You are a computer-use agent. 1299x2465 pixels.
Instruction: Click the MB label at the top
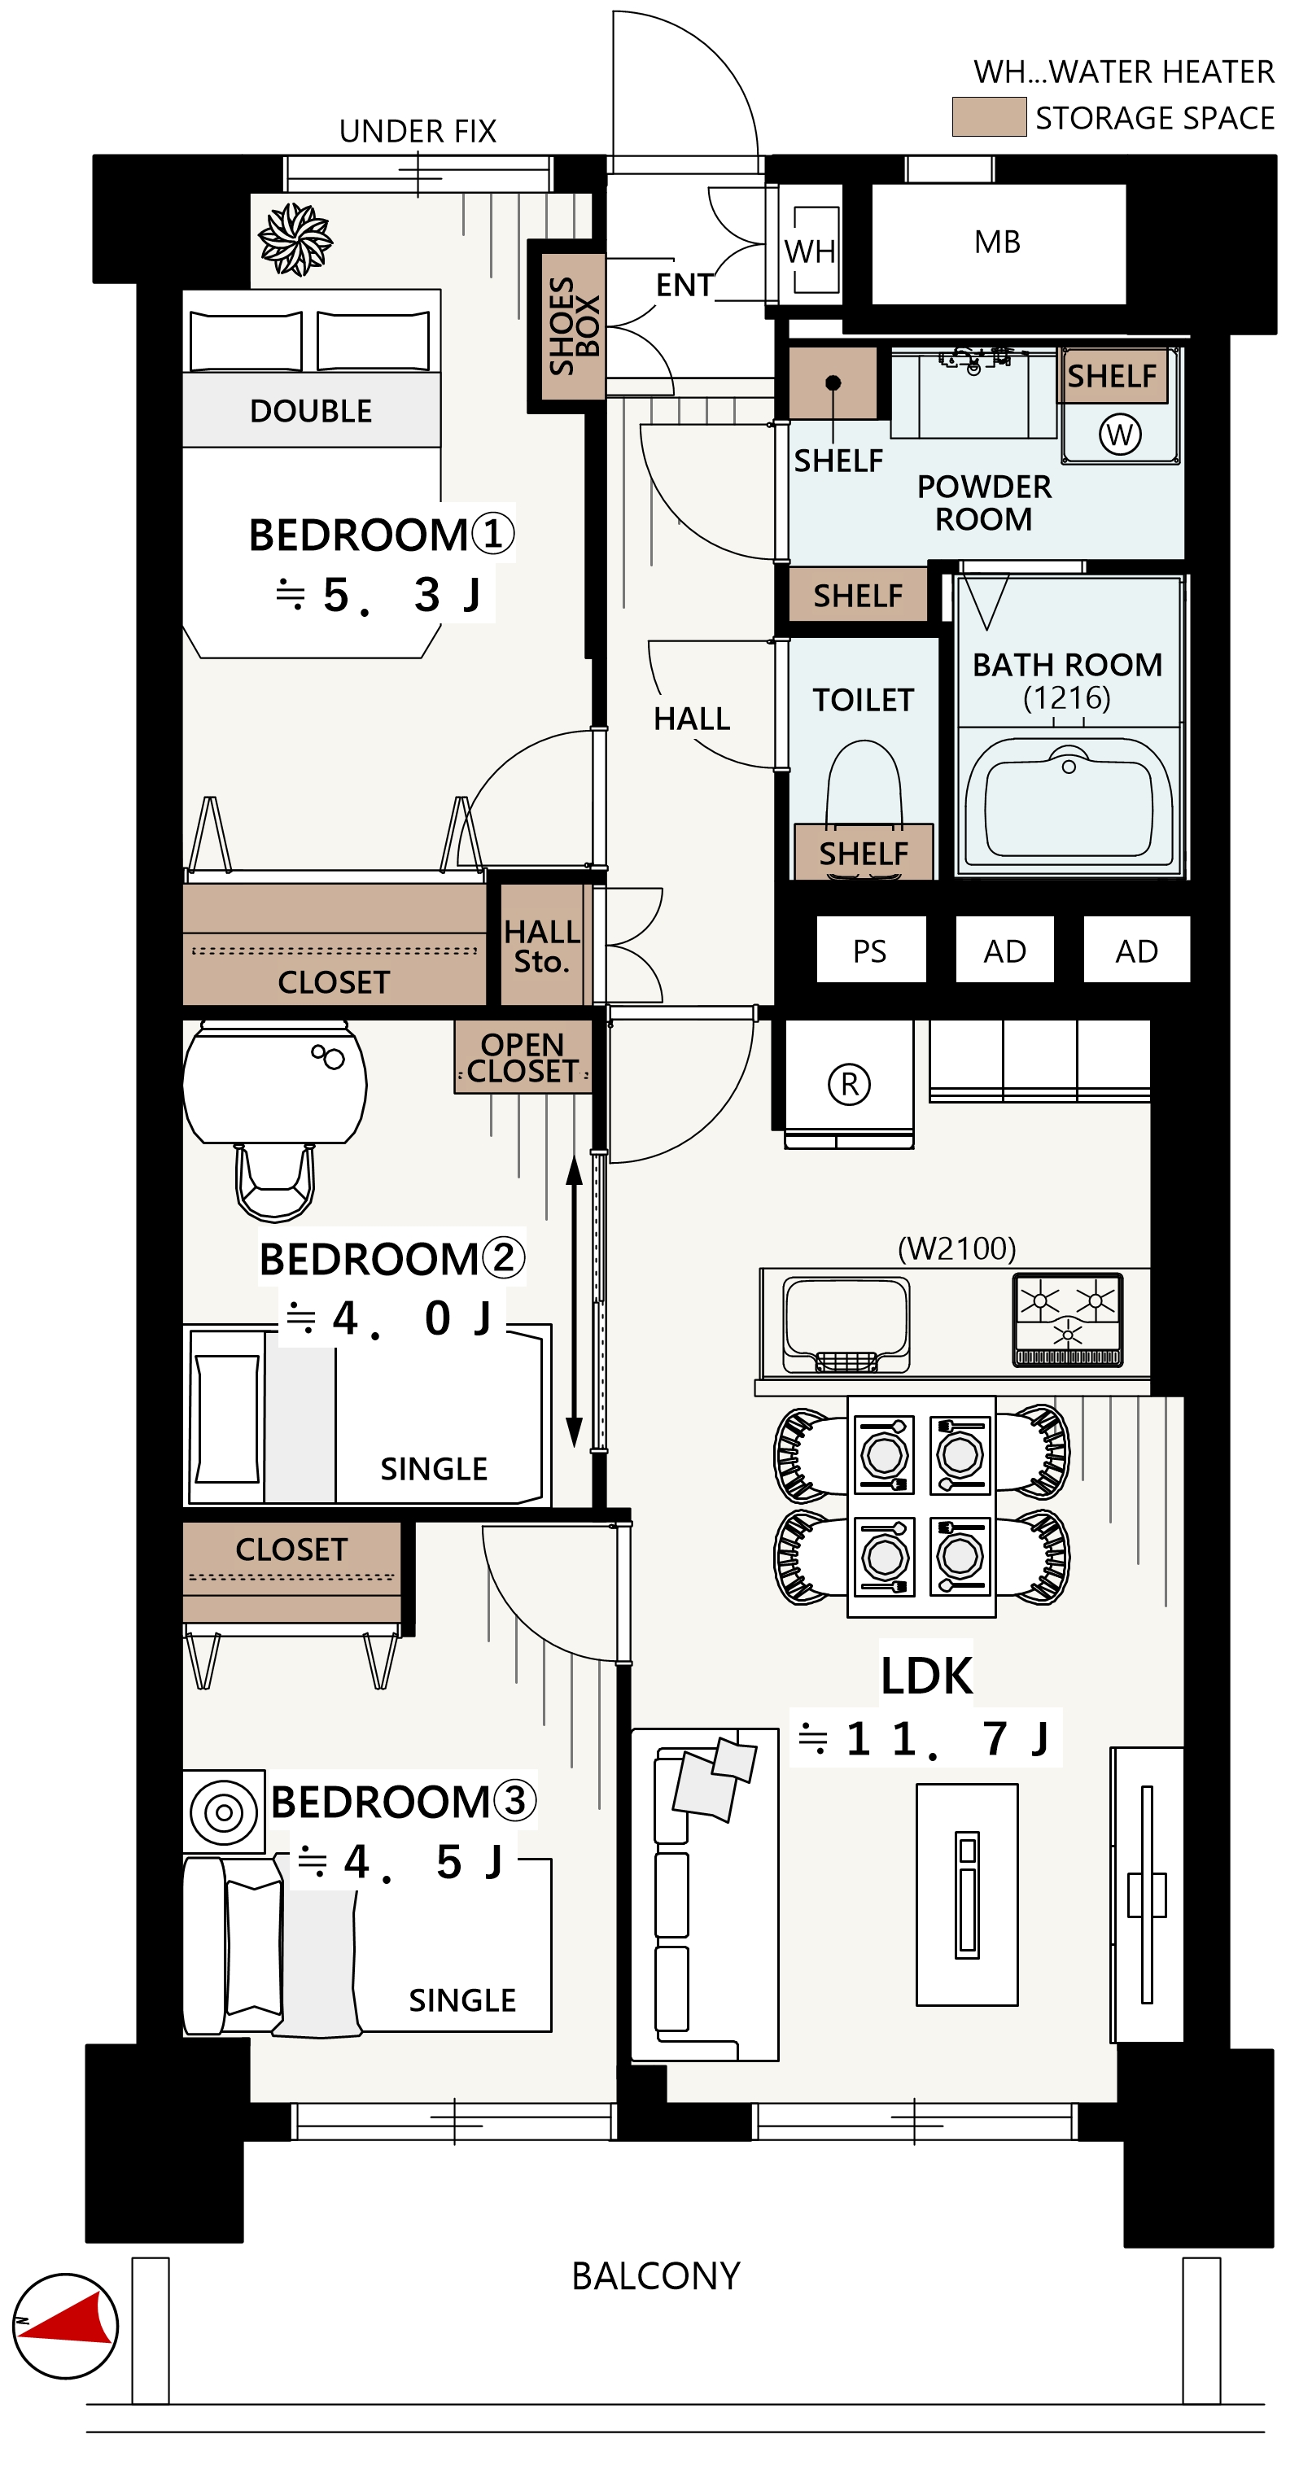998,242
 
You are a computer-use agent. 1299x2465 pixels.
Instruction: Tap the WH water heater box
810,251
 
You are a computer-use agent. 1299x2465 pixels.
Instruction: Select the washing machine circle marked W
1120,435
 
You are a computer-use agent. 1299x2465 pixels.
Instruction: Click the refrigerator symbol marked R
849,1084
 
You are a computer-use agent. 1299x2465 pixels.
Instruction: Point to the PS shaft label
869,951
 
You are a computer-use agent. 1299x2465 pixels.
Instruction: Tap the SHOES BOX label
573,326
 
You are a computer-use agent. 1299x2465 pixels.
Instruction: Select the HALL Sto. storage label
542,946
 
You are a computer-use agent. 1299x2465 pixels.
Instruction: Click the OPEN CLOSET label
523,1057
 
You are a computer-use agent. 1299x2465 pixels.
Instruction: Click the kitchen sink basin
846,1324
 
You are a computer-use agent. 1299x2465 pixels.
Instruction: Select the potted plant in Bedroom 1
295,239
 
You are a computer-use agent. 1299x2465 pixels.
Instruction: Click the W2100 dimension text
956,1248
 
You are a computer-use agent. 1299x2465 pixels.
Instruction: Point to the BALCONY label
656,2276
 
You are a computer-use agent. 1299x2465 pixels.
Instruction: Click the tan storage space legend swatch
989,116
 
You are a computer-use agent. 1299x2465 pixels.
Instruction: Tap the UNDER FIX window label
418,131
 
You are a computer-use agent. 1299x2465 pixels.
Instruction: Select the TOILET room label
864,700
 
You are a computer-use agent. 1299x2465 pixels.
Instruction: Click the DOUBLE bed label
310,412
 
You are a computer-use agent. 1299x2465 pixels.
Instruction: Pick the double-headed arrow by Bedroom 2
575,1301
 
